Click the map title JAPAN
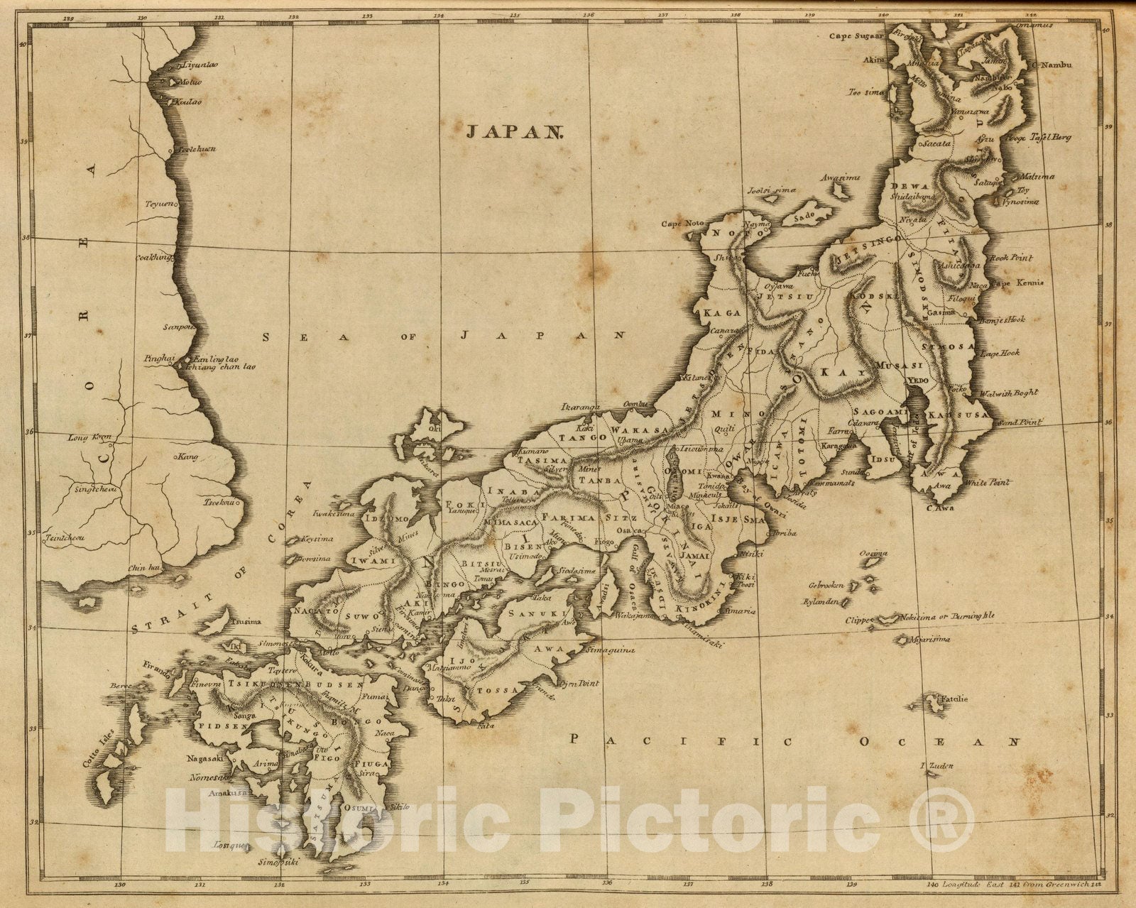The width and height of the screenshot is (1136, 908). tap(514, 131)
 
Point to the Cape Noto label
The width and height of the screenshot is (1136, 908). tap(684, 224)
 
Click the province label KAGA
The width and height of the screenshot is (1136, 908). tap(721, 312)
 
